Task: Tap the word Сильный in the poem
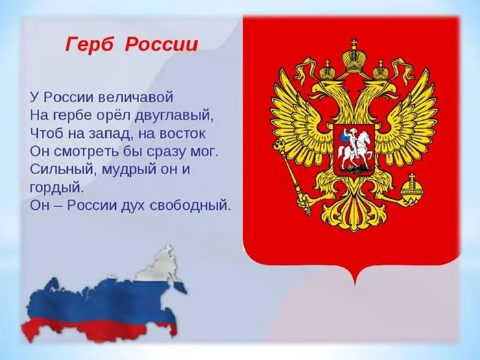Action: tap(58, 168)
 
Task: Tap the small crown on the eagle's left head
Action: tap(327, 69)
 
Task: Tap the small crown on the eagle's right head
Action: tap(381, 69)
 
